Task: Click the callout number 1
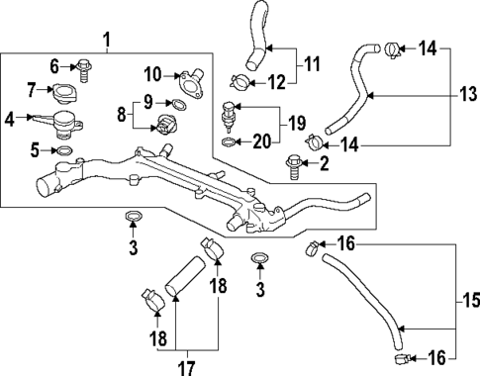(107, 41)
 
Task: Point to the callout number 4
(10, 122)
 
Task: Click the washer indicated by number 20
(230, 141)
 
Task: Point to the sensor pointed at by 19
(231, 111)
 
